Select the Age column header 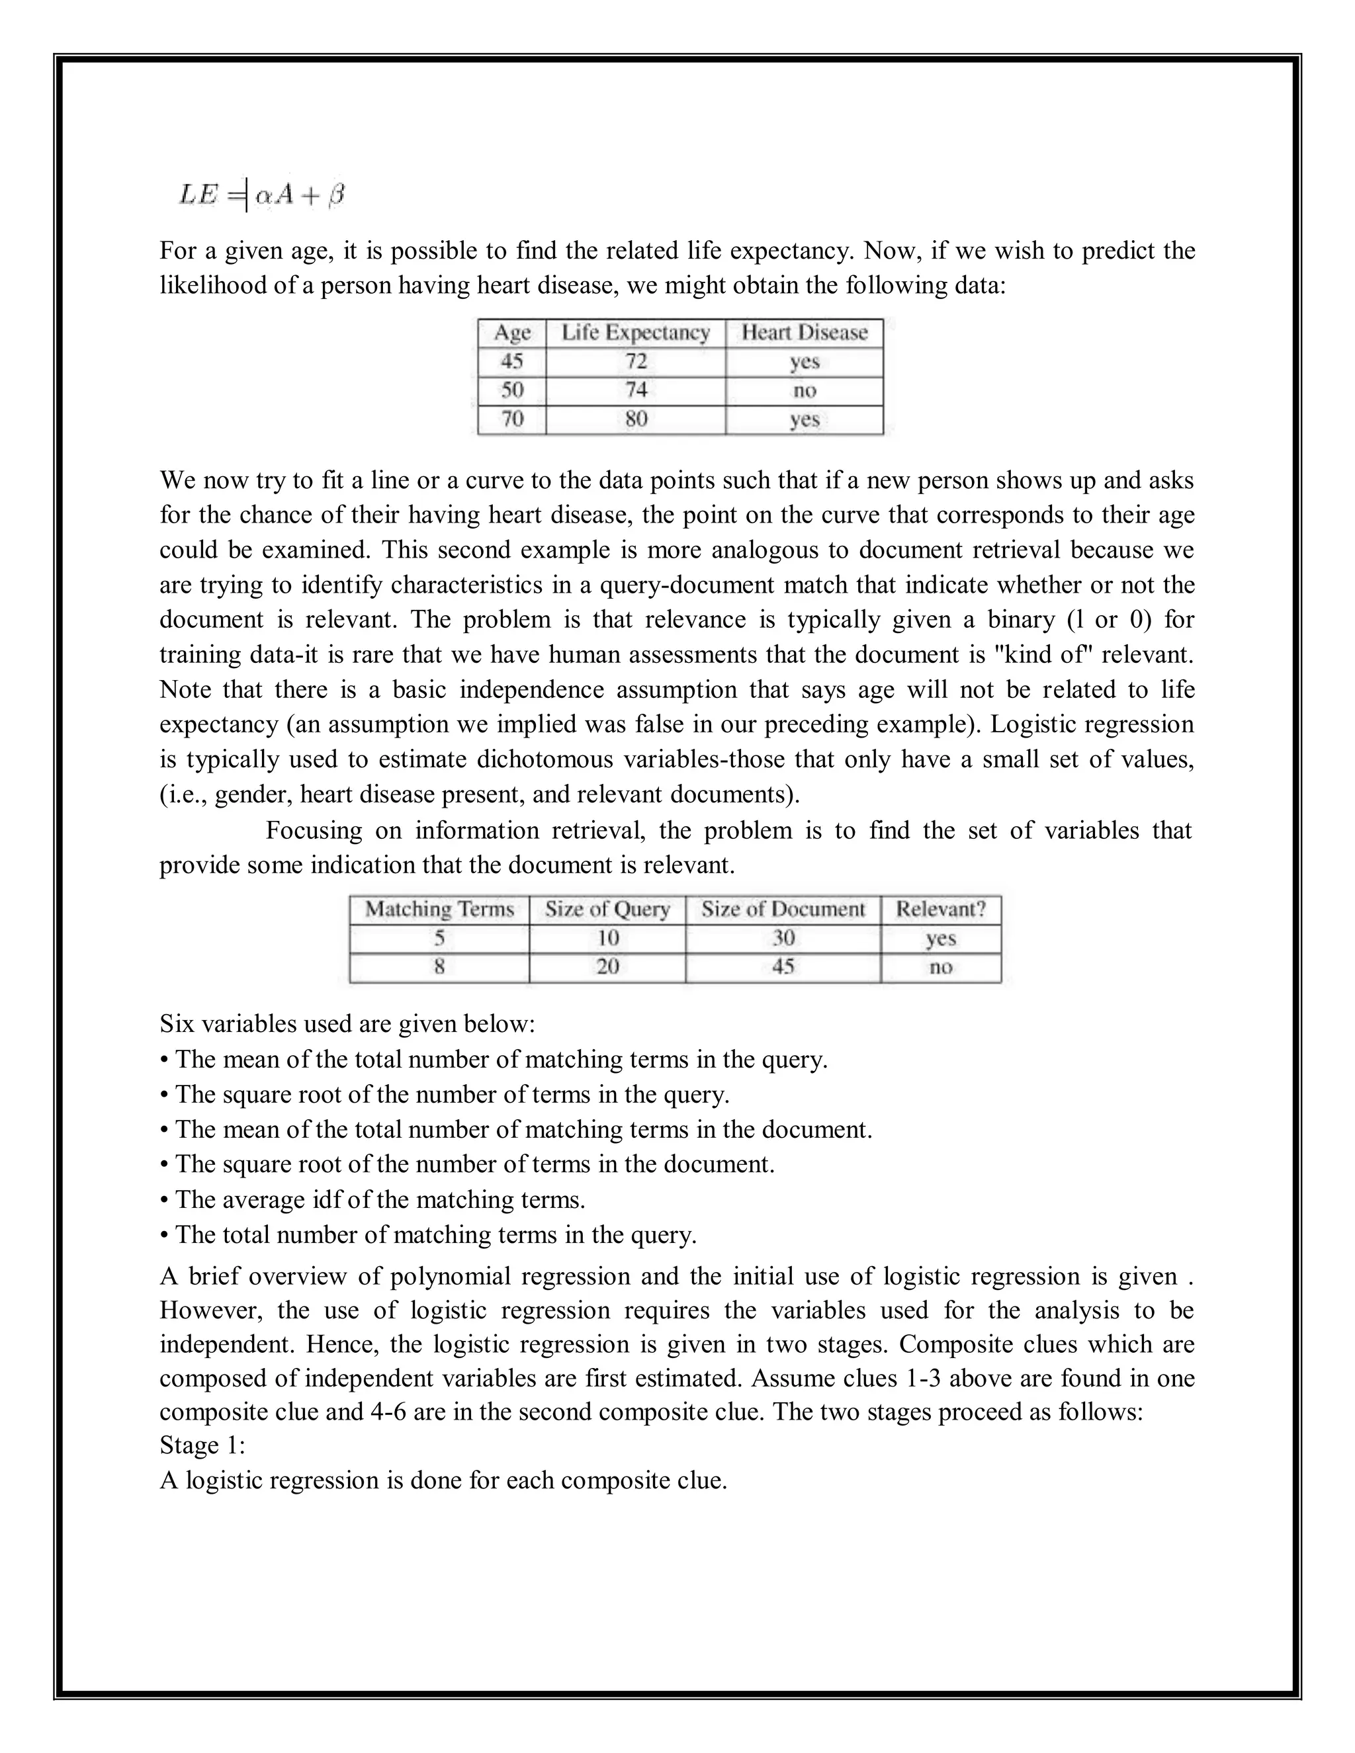(x=512, y=332)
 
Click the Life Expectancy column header (x=635, y=332)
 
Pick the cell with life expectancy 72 (x=635, y=361)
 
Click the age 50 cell (x=512, y=390)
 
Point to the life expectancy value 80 (x=635, y=419)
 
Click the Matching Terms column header (x=439, y=910)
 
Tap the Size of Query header (x=607, y=910)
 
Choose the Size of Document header (x=783, y=910)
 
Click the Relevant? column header (x=940, y=910)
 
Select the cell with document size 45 (x=783, y=967)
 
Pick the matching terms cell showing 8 (x=439, y=967)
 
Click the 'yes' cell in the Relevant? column (x=940, y=938)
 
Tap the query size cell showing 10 (x=607, y=938)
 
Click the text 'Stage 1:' (x=202, y=1445)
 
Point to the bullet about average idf (x=372, y=1200)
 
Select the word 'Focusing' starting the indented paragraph (x=313, y=830)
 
